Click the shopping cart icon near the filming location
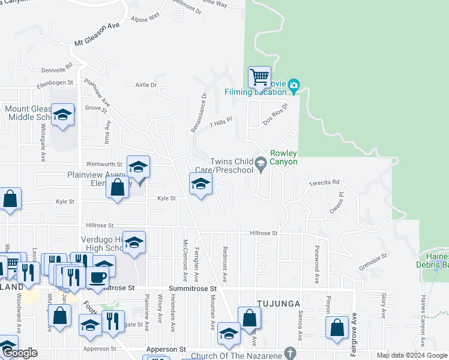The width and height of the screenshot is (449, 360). point(259,77)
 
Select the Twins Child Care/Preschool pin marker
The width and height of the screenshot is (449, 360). point(261,163)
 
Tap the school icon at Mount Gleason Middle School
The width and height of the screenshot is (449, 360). point(62,115)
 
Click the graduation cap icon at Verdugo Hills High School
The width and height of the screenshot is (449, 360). point(134,242)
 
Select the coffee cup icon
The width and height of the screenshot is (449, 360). point(98,277)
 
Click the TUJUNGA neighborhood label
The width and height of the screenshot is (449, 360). point(278,304)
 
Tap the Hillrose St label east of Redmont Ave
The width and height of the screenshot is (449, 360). point(264,233)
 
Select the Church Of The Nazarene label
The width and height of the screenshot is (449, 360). point(236,356)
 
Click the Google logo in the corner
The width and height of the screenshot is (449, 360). point(19,353)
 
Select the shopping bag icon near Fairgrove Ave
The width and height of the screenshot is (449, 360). point(337,328)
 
